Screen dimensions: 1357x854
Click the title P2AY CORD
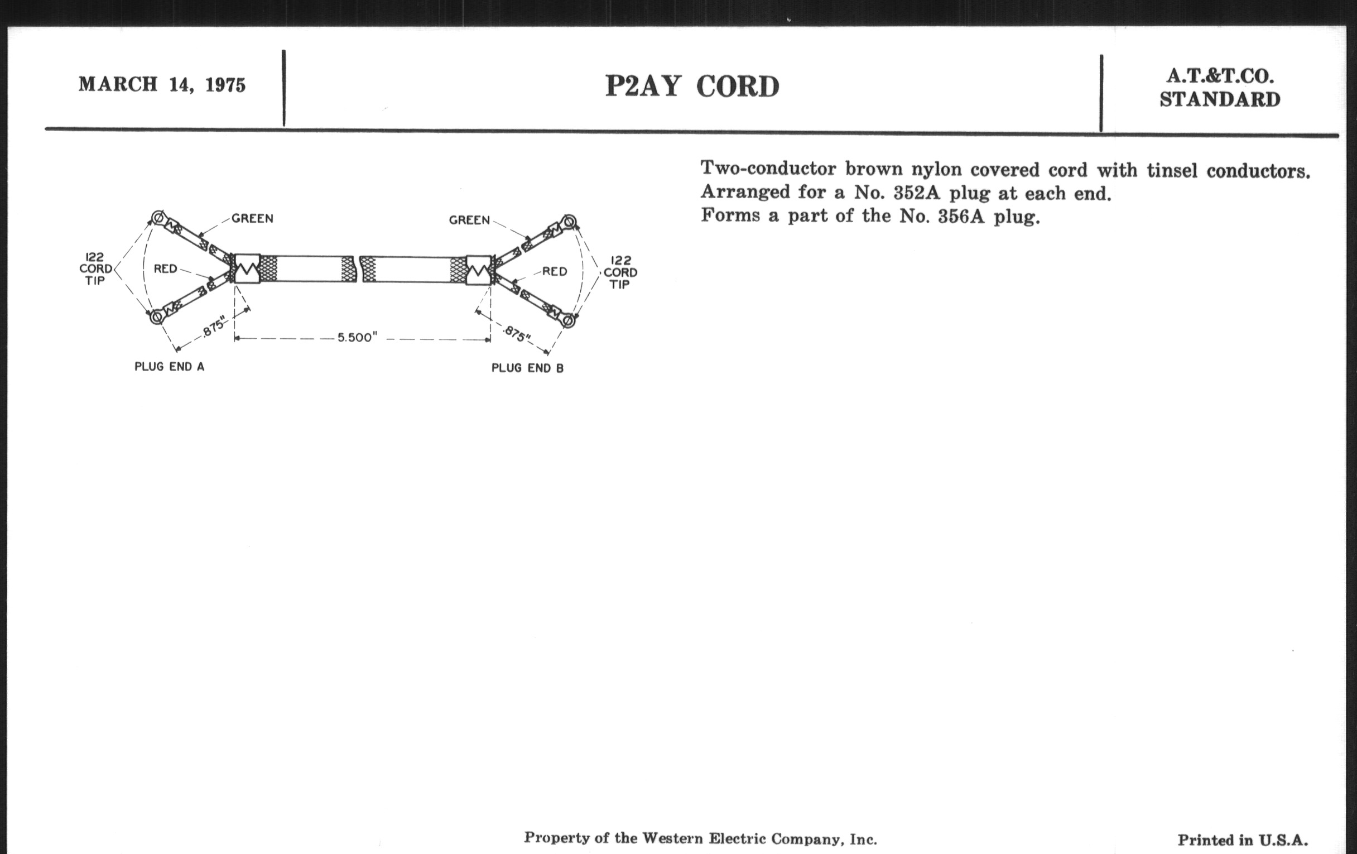[x=692, y=87]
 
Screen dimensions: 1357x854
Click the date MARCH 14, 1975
[x=162, y=84]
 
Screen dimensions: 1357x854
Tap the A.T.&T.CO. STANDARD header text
[x=1220, y=88]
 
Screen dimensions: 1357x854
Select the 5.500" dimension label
[x=357, y=337]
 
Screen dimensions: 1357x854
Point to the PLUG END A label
[x=169, y=366]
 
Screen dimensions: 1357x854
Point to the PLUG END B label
[x=527, y=368]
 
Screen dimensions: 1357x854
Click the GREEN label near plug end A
[x=252, y=218]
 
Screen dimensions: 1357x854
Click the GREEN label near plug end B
[x=469, y=220]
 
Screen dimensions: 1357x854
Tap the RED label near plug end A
[x=166, y=269]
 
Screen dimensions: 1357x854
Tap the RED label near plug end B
[x=555, y=272]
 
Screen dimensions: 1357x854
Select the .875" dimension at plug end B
[x=517, y=334]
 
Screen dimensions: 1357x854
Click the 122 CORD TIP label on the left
[x=95, y=269]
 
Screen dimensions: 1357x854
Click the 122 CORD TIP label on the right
[x=620, y=272]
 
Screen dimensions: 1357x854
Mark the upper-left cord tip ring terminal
[x=158, y=217]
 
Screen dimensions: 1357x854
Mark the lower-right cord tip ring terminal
[x=568, y=322]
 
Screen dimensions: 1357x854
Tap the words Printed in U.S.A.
[x=1243, y=840]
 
